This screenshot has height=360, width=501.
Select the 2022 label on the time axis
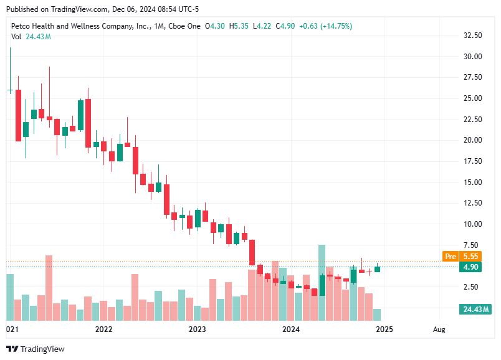click(x=103, y=329)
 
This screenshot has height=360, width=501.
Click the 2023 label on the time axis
click(x=197, y=329)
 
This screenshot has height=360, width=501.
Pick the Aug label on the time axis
click(x=439, y=329)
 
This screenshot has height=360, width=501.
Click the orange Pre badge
click(x=451, y=256)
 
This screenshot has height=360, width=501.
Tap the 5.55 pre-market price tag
click(x=470, y=256)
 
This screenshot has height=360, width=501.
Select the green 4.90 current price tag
click(x=470, y=267)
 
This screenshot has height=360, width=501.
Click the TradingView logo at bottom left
click(x=36, y=349)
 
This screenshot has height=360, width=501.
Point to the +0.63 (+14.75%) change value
click(x=325, y=26)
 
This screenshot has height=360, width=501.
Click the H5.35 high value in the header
click(x=240, y=26)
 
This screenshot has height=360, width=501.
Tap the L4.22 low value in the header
click(x=263, y=26)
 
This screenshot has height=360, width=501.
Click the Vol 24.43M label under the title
click(x=31, y=37)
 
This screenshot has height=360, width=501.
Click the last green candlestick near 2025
click(x=377, y=269)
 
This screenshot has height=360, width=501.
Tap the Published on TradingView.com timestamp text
click(x=102, y=9)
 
